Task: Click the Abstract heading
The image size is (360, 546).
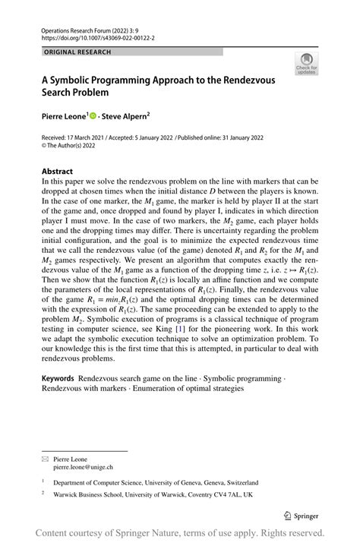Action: click(x=58, y=172)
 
